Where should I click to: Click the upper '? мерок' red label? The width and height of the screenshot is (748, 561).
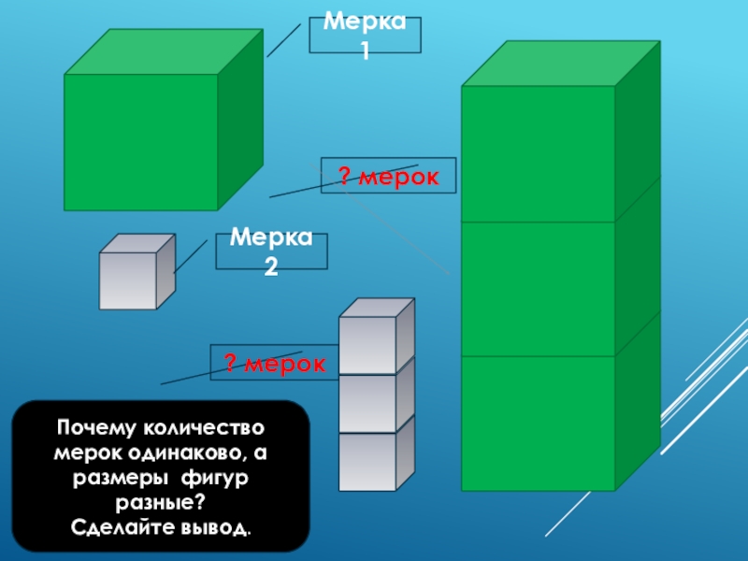388,175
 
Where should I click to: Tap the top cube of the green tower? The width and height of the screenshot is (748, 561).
538,154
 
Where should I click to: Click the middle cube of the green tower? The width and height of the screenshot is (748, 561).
538,289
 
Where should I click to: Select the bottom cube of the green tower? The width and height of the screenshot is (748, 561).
538,423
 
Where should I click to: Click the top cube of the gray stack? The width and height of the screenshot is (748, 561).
367,344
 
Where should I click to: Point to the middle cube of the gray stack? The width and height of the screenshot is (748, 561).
367,403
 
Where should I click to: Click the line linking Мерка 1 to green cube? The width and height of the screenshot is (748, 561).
283,40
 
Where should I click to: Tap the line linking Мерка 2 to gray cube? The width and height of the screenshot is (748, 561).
191,255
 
